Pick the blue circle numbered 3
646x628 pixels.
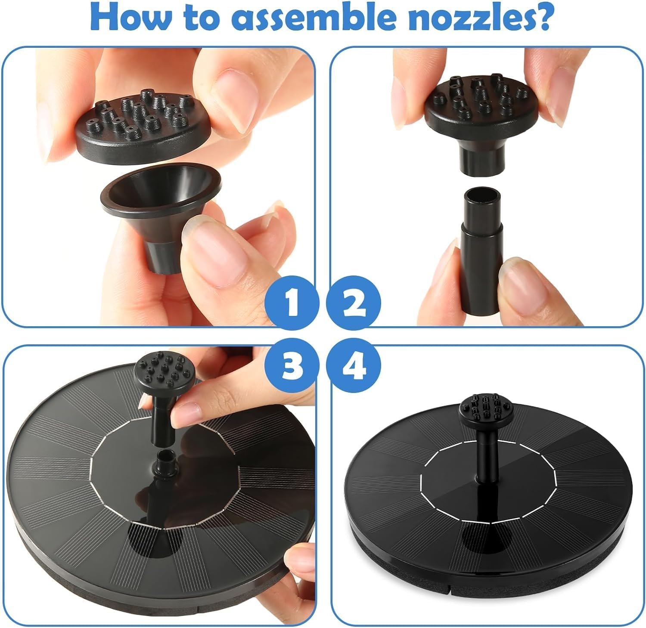[x=292, y=366]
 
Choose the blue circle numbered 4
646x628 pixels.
[x=353, y=366]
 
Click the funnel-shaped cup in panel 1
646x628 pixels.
[x=160, y=213]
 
